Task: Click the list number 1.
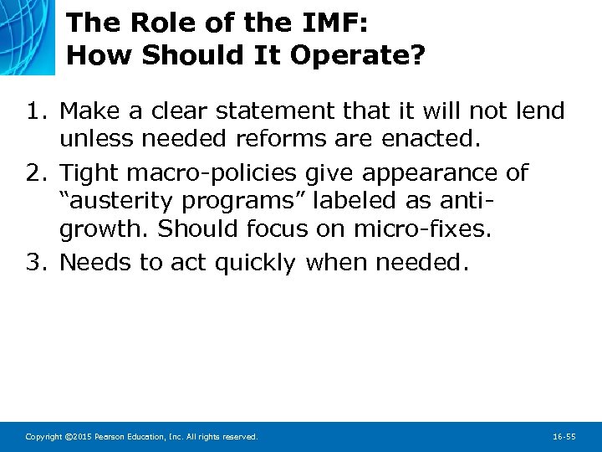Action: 35,110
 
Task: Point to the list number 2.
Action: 35,173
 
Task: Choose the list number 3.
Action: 35,262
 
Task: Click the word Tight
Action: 91,173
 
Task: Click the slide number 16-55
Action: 564,437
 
